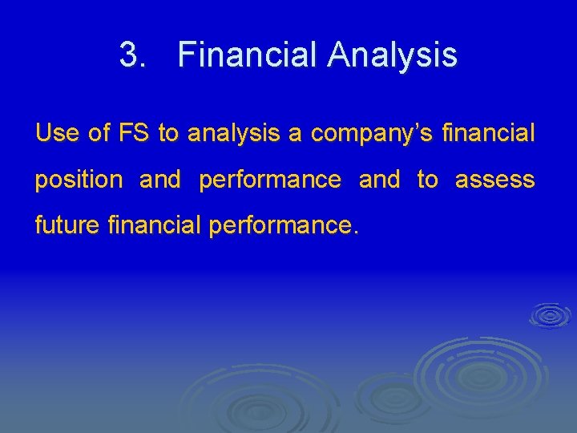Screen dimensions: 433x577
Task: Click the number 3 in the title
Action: coord(128,55)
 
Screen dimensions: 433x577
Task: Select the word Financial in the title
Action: coord(249,55)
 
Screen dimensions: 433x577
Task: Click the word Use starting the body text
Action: coord(57,133)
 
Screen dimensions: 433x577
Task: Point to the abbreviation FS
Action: coord(134,133)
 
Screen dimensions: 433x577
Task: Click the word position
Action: coord(79,180)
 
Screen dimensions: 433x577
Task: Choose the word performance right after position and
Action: coord(269,180)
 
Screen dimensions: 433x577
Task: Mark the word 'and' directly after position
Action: coord(160,180)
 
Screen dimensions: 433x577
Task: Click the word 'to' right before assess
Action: coord(427,180)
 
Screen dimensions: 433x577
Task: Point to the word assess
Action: coord(494,180)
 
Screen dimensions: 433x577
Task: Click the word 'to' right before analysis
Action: coord(168,133)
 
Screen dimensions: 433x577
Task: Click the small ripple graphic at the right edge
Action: coord(551,314)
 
